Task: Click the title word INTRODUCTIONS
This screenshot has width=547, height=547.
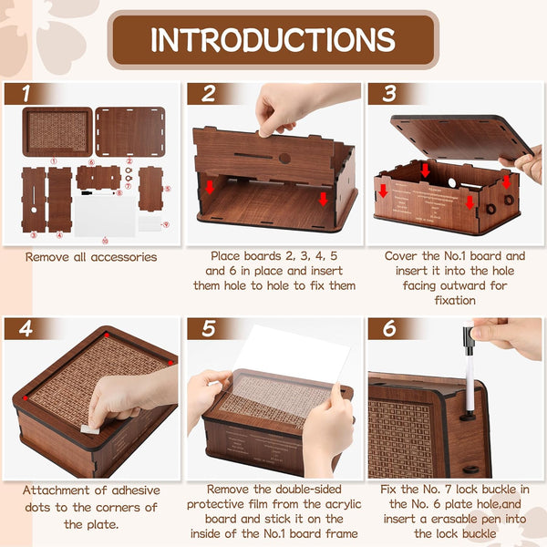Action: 273,39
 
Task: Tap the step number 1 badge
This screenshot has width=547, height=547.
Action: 27,93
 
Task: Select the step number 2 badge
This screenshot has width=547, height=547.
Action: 209,93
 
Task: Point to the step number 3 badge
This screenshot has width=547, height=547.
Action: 389,93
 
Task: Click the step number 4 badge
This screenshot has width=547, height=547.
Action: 27,328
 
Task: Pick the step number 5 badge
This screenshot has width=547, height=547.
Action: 209,328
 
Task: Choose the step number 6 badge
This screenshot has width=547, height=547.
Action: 389,328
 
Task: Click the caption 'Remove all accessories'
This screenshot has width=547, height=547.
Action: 90,257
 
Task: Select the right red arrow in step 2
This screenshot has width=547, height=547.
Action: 323,198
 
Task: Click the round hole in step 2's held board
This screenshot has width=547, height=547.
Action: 284,158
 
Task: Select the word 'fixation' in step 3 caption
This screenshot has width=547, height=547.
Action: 455,300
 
